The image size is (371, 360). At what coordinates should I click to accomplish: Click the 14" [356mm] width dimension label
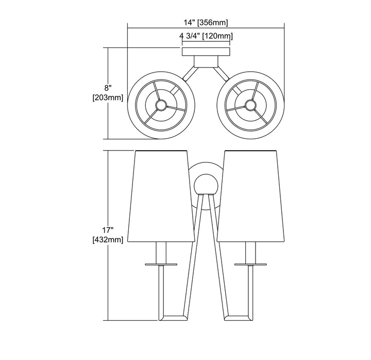pos(206,23)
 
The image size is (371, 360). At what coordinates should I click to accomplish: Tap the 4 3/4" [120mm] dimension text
pos(206,36)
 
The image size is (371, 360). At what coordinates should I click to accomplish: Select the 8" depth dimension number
pos(108,88)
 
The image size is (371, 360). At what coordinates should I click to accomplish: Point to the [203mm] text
pos(108,97)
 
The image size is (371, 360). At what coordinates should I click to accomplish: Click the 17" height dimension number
pos(108,230)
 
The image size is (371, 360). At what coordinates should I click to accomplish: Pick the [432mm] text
pos(108,240)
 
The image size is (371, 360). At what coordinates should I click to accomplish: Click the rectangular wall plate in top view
pos(206,52)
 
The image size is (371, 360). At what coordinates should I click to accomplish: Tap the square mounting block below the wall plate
pos(206,61)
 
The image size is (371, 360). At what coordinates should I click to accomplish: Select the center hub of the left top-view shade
pos(161,105)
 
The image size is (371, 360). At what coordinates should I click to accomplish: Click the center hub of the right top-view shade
pos(250,105)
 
